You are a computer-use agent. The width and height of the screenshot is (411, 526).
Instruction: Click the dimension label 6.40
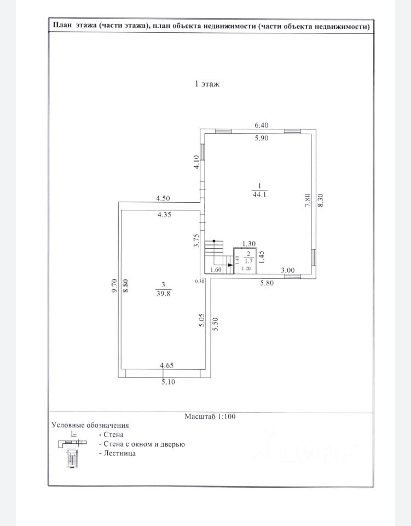(x=261, y=125)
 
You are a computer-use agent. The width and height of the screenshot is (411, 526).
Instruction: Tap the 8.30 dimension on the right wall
(x=320, y=201)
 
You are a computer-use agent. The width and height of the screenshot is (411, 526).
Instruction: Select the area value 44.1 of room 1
(x=259, y=195)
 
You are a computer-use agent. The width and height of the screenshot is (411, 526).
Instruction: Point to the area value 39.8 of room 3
(x=164, y=294)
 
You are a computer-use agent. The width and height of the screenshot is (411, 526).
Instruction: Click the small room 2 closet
(x=245, y=261)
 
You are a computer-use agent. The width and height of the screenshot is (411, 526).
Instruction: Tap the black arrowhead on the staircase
(x=230, y=265)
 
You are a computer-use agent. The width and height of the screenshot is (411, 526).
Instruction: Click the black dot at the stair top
(x=213, y=241)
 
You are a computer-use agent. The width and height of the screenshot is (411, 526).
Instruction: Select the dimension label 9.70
(x=114, y=286)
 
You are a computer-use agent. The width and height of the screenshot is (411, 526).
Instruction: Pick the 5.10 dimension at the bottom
(x=168, y=382)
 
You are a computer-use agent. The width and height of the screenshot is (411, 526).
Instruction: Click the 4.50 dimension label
(x=163, y=198)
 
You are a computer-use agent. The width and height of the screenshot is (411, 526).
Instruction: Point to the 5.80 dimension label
(x=267, y=283)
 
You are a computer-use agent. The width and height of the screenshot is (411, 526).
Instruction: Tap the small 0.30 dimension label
(x=200, y=282)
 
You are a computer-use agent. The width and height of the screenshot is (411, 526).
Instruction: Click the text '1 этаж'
(x=207, y=84)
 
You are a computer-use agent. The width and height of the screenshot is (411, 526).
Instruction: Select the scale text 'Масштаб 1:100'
(x=210, y=416)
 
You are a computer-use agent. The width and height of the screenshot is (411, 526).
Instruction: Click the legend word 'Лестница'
(x=120, y=454)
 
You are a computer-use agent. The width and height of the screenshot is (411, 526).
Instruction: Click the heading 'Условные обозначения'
(x=90, y=425)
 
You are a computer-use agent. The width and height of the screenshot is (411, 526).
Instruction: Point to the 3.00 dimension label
(x=288, y=270)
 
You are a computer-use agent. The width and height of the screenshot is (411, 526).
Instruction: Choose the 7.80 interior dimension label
(x=308, y=201)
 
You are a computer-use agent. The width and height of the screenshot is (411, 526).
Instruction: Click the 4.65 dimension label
(x=166, y=365)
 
